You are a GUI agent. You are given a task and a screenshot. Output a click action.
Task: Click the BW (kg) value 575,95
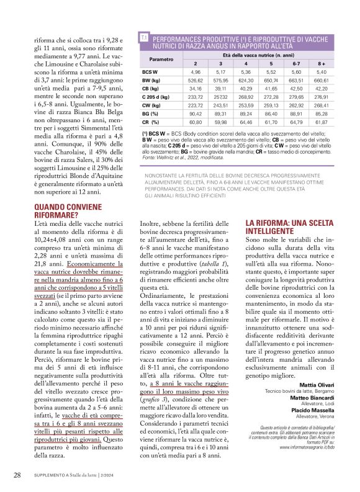(x=221, y=80)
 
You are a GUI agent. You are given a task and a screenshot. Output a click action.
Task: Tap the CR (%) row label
(x=150, y=123)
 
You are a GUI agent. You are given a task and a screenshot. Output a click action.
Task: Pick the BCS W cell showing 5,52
(x=271, y=72)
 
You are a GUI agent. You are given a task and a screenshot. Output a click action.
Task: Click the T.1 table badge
(x=144, y=38)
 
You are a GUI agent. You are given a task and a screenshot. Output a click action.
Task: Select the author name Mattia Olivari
(x=322, y=385)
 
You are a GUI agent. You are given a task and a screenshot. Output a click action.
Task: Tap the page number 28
(x=18, y=475)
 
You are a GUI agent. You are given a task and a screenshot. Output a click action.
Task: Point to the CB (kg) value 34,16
(x=196, y=89)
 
